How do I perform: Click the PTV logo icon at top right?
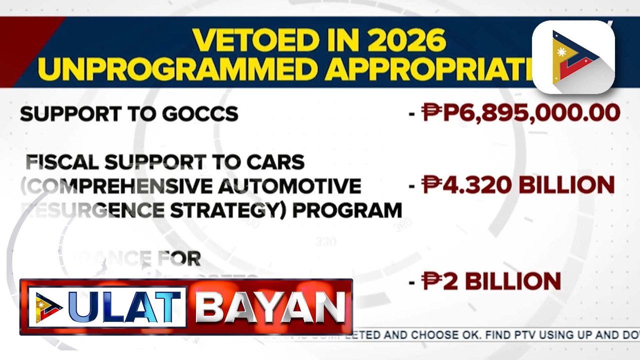(573, 56)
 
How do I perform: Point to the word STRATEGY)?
(229, 210)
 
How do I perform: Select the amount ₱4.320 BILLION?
(518, 184)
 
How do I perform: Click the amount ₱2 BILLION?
(491, 281)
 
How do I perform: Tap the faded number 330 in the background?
(325, 242)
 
